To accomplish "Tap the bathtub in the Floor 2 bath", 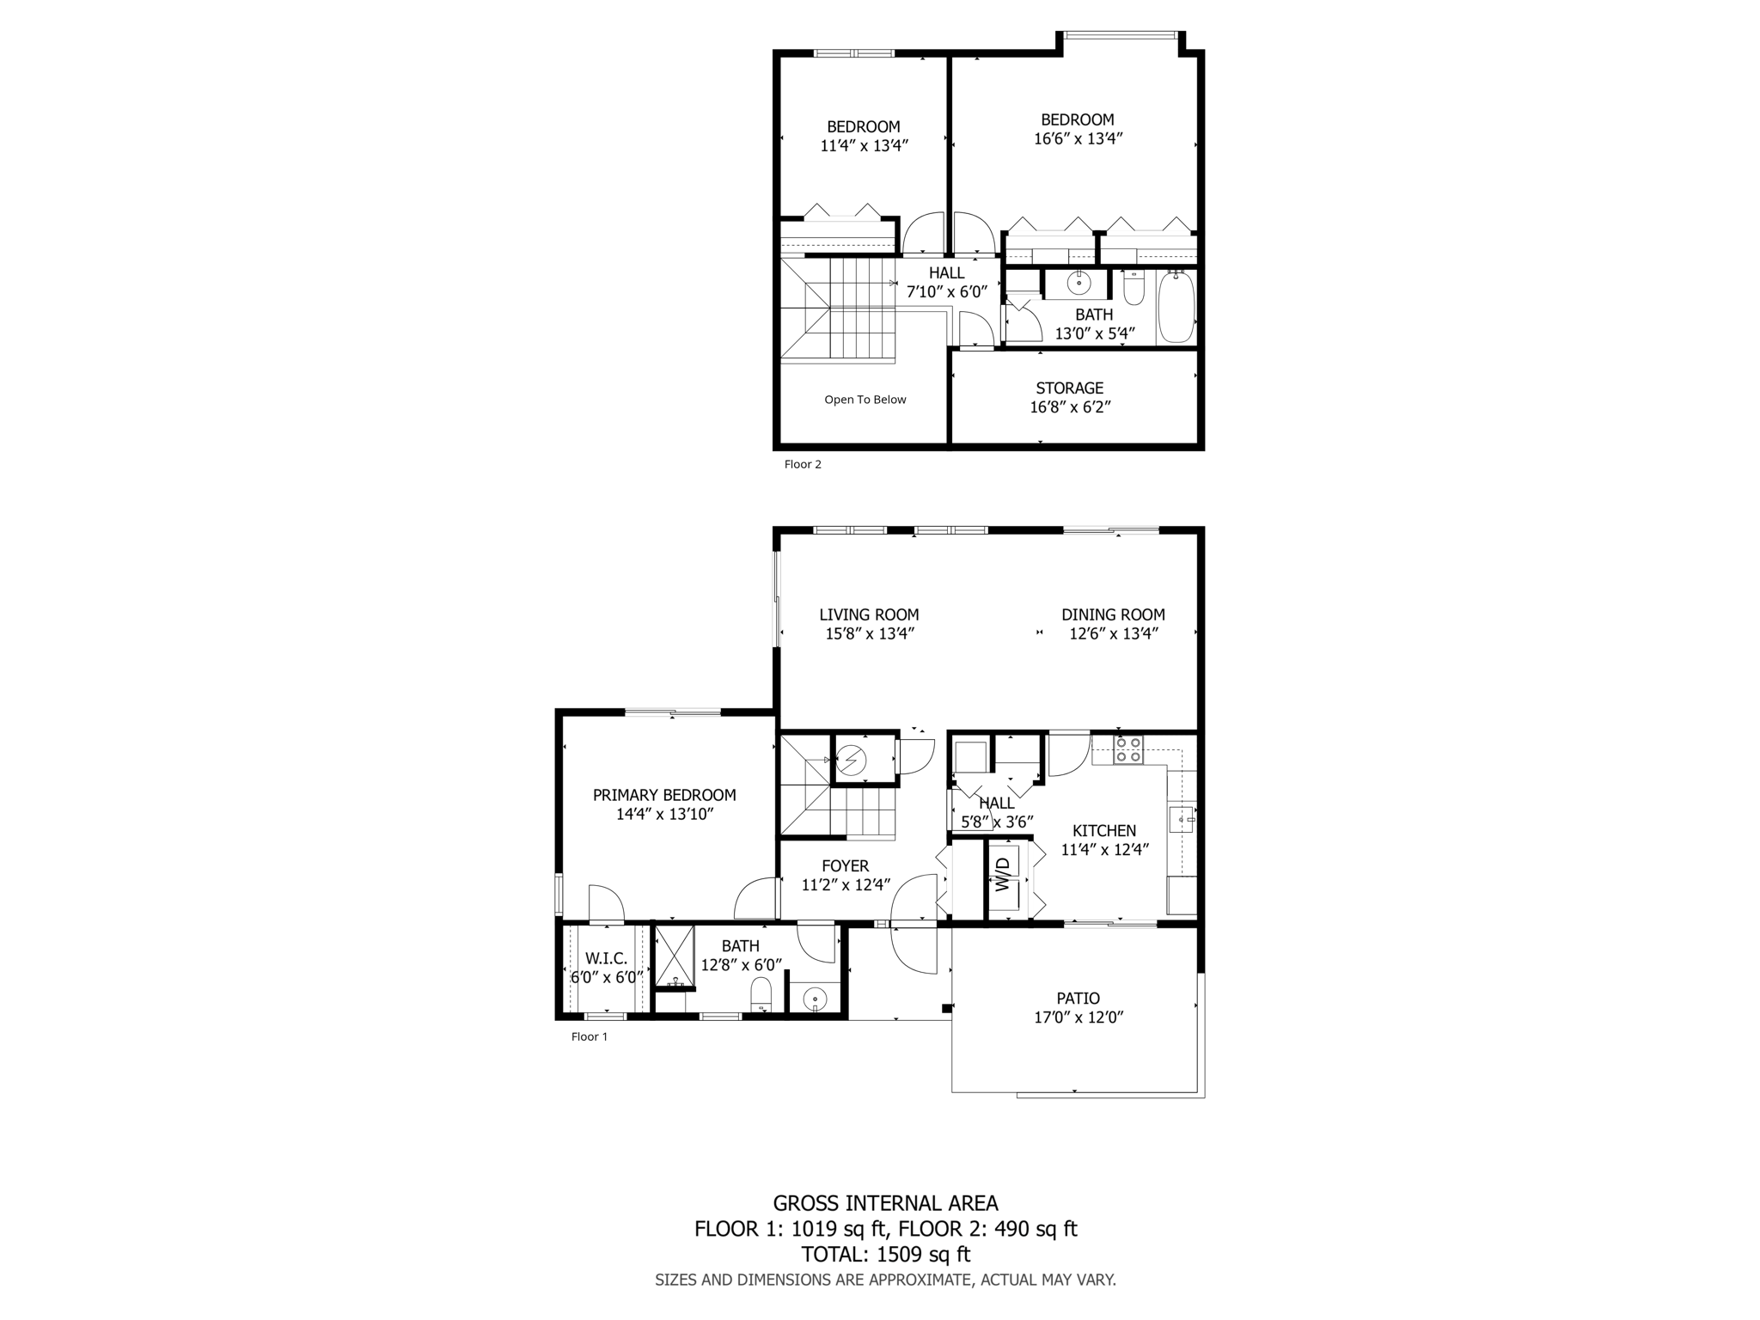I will click(1176, 307).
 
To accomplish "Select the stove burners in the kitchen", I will click(1127, 749).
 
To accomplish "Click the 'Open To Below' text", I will click(865, 400).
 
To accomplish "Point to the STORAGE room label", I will click(1069, 388).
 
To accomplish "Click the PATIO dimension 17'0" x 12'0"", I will click(1078, 1017).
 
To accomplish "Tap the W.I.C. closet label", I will click(606, 958).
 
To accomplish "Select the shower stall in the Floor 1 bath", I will click(675, 955).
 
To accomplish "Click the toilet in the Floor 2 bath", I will click(1134, 290).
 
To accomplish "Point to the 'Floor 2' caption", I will click(803, 464).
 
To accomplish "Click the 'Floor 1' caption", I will click(590, 1036).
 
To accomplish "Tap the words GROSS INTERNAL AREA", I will click(885, 1203).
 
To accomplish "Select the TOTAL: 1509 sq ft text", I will click(885, 1254).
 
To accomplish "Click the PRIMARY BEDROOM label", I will click(664, 796).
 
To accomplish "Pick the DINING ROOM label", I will click(1113, 614).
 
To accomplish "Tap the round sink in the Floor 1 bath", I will click(814, 999).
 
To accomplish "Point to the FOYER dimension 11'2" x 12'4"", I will click(845, 885).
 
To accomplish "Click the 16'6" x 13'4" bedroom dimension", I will click(1078, 138).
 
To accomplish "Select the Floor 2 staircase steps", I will click(859, 309).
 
